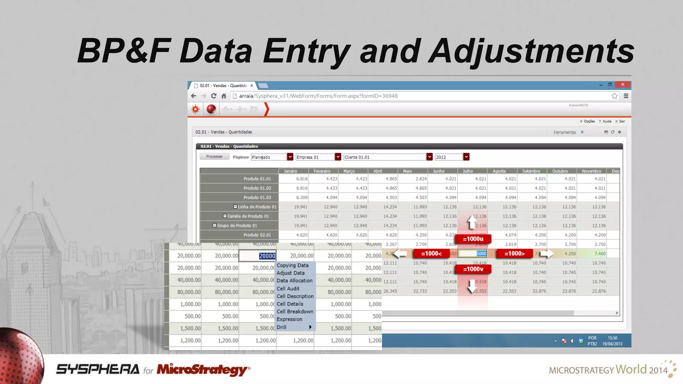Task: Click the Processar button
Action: point(214,157)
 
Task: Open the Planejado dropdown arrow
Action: point(290,157)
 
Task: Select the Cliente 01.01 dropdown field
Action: point(385,157)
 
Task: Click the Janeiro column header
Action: point(290,171)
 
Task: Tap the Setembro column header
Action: point(531,171)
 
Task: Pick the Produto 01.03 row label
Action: point(257,197)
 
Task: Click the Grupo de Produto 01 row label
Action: point(237,225)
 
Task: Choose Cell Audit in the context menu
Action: point(288,288)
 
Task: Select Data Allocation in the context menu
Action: point(294,281)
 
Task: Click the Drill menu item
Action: point(282,327)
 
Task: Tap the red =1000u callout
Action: point(473,239)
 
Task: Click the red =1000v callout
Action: point(473,269)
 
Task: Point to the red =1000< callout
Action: point(431,254)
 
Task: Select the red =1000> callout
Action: point(514,254)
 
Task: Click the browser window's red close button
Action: point(623,85)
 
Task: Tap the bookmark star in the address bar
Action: point(615,96)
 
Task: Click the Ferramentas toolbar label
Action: point(565,132)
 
